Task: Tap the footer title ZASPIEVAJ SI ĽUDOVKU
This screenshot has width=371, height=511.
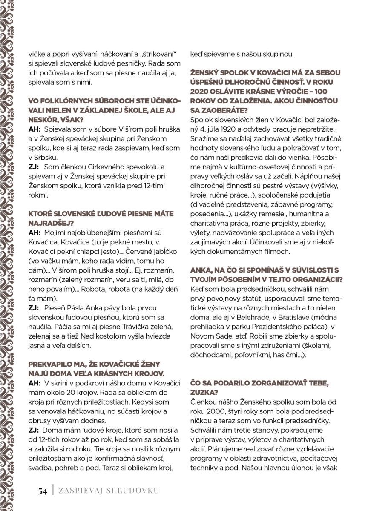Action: [109, 491]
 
